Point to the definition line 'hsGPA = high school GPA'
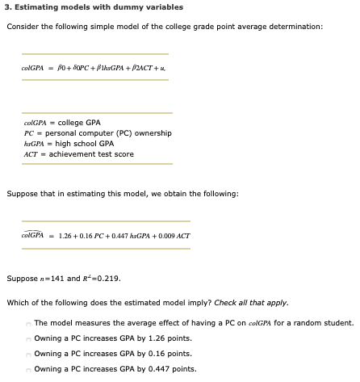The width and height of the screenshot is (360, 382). (x=69, y=143)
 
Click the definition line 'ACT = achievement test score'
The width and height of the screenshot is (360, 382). (x=79, y=153)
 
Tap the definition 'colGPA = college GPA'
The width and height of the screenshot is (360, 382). (x=62, y=122)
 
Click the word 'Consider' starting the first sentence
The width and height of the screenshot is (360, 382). (x=21, y=26)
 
